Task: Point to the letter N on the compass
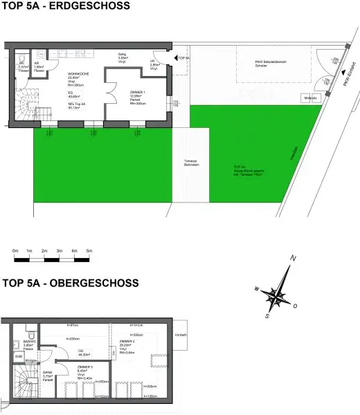tap(294, 259)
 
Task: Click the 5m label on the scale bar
tap(89, 250)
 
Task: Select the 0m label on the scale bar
tap(15, 250)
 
